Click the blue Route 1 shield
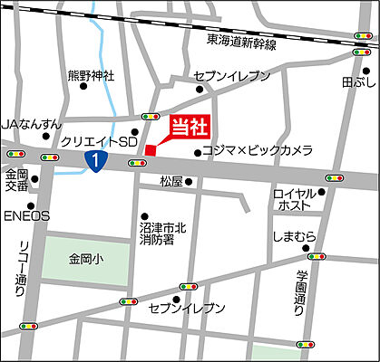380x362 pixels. tap(94, 161)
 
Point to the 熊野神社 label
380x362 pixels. tap(91, 77)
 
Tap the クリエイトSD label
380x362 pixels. tap(98, 143)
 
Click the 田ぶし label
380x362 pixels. tap(356, 81)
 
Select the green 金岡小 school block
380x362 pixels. tap(86, 258)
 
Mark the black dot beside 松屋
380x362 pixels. tap(190, 182)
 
